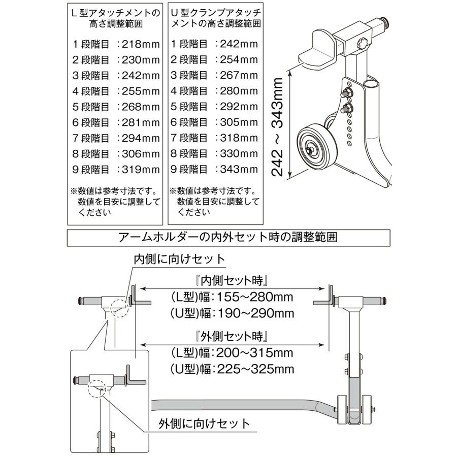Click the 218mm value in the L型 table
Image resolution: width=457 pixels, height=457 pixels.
141,44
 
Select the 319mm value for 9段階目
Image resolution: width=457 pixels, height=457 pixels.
141,170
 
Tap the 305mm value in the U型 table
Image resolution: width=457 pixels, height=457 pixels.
239,122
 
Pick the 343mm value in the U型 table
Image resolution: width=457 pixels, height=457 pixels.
239,169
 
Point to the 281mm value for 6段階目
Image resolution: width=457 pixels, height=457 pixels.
141,122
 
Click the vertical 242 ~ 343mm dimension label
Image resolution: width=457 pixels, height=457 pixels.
277,127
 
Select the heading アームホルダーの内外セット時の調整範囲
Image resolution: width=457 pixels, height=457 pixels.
228,237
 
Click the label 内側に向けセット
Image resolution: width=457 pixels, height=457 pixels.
179,259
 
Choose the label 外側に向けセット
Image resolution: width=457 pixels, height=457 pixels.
204,423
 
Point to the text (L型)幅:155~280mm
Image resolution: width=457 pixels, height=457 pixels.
232,297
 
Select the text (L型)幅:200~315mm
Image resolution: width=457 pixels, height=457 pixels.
232,353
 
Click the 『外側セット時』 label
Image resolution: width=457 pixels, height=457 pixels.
232,337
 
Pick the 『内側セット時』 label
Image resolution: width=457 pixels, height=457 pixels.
232,281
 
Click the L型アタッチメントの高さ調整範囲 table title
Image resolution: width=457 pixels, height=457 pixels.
116,18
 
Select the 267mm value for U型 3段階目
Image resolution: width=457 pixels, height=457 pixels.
239,75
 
